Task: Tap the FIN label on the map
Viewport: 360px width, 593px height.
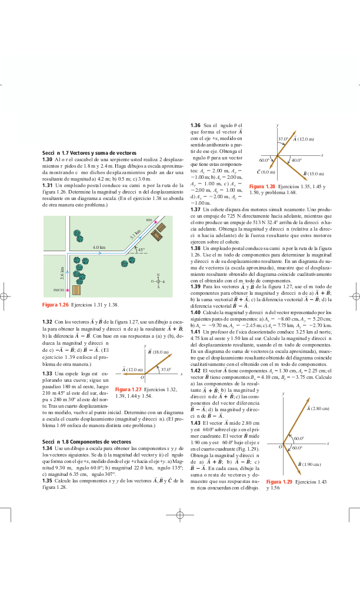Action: click(149, 220)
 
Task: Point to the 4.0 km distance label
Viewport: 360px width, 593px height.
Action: click(99, 247)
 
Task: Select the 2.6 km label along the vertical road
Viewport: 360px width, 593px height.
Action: click(62, 273)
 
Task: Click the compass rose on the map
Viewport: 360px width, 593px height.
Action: click(158, 281)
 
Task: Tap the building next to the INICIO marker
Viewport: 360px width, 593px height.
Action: click(76, 290)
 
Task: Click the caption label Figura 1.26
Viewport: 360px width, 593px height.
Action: click(56, 305)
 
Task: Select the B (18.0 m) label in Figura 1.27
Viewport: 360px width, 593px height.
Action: click(158, 351)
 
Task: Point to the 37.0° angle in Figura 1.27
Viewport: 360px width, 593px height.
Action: click(166, 369)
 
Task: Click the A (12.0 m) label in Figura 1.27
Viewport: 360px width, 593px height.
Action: click(132, 369)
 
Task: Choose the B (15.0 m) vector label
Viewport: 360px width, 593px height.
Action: click(314, 174)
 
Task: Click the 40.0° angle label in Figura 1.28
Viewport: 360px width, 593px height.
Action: click(296, 160)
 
